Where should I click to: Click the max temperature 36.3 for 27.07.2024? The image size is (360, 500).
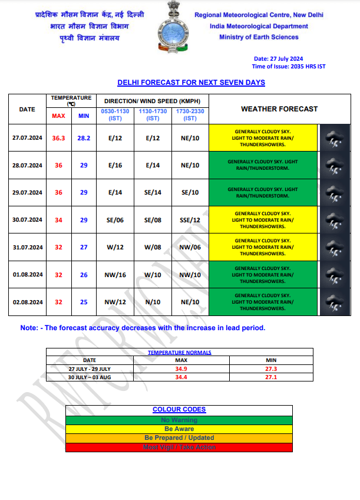coord(58,138)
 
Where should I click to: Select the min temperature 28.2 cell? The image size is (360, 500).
coord(84,138)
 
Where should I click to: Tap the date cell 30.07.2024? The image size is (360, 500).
coord(27,220)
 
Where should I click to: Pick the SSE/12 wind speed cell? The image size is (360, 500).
coord(190,220)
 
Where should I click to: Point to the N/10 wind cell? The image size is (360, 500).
coord(153,302)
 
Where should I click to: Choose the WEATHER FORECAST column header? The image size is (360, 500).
coord(279,109)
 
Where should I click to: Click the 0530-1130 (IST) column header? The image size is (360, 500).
coord(115,115)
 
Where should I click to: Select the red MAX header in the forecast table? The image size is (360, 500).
coord(58,116)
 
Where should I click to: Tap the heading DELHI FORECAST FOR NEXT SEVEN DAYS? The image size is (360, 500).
coord(191,83)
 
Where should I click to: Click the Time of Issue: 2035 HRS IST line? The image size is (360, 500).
coord(288,67)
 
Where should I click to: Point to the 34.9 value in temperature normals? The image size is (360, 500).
coord(181,369)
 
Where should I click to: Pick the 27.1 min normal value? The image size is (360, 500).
coord(272,377)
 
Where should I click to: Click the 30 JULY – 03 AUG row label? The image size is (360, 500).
coord(90,377)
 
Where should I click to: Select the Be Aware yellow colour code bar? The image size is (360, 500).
coord(179,429)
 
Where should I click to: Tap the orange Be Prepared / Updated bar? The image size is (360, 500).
coord(179,438)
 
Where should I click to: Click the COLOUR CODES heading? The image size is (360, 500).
coord(179,409)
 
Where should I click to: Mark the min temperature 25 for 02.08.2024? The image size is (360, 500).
coord(84,302)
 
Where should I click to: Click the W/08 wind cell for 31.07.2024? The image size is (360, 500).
coord(153,248)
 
